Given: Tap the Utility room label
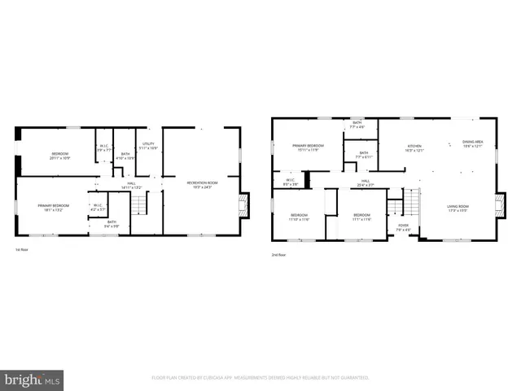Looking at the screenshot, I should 148,146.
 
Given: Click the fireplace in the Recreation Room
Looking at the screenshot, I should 243,204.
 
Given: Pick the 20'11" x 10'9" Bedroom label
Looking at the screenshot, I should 60,156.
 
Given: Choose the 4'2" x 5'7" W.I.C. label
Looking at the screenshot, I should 97,207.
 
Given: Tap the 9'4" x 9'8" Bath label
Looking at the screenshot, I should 112,223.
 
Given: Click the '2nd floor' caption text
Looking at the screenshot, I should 279,254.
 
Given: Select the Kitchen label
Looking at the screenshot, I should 414,148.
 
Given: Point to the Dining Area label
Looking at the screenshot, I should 473,144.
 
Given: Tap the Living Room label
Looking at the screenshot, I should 458,208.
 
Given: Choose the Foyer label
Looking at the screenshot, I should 403,227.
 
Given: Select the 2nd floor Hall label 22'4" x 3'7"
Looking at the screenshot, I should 366,183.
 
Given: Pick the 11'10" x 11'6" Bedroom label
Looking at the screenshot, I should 299,217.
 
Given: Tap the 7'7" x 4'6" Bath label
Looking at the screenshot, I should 357,125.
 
